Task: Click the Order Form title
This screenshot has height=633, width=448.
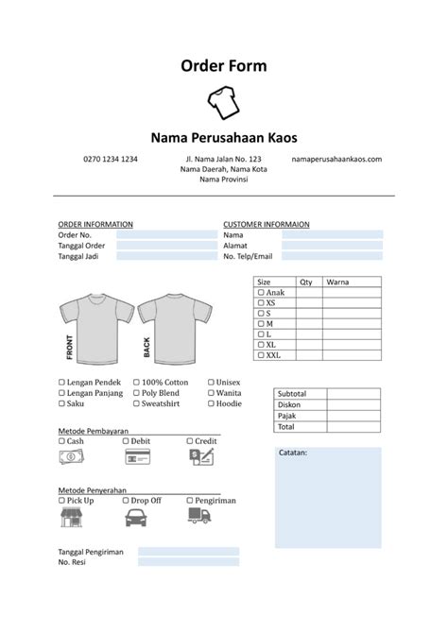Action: coord(224,65)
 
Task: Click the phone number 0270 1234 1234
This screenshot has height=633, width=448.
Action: coord(111,159)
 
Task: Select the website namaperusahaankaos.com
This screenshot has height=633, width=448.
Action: coord(336,159)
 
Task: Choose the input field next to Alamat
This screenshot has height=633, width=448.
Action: coord(332,245)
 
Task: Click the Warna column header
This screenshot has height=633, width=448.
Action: coord(337,282)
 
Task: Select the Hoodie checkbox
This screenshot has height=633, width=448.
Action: coord(211,403)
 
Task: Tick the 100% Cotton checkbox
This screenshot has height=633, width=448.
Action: coord(136,383)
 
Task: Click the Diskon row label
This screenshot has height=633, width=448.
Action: coord(289,404)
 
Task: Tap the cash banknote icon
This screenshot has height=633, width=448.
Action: coord(71,457)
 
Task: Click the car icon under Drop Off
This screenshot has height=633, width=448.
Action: coord(135,516)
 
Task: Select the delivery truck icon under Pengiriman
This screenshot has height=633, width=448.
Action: coord(198,516)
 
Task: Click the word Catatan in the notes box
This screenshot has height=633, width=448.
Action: coord(293,453)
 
